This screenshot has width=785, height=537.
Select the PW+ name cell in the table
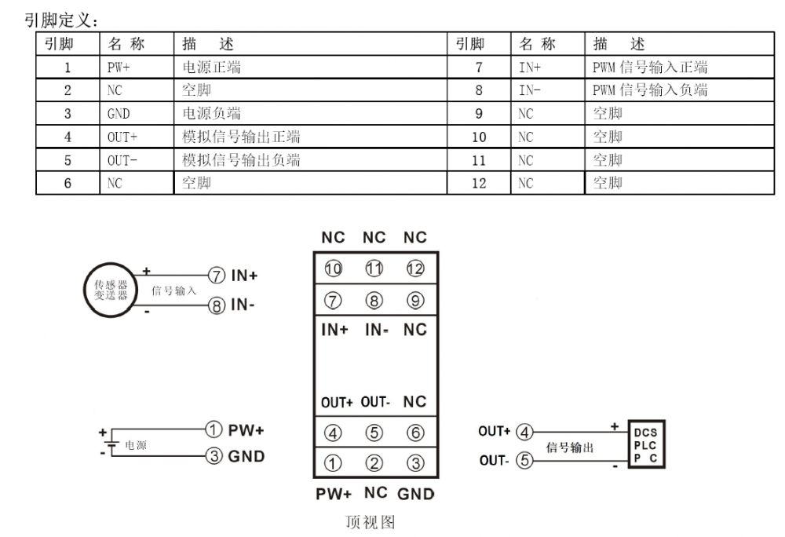pyautogui.click(x=119, y=68)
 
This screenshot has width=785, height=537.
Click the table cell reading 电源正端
pyautogui.click(x=211, y=68)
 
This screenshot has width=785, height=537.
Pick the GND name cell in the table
pyautogui.click(x=119, y=114)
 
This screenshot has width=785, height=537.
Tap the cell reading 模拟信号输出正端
pyautogui.click(x=241, y=137)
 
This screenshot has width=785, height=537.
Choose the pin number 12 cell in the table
pyautogui.click(x=478, y=184)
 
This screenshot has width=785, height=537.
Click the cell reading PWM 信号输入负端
pyautogui.click(x=650, y=90)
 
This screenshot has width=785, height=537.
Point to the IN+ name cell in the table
pyautogui.click(x=530, y=68)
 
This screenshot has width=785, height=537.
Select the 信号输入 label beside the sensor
pyautogui.click(x=174, y=290)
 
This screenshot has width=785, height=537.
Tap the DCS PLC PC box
pyautogui.click(x=644, y=445)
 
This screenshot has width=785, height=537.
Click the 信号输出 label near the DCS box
pyautogui.click(x=569, y=447)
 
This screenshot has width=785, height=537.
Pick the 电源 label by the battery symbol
pyautogui.click(x=136, y=445)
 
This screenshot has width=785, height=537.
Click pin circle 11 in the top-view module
pyautogui.click(x=374, y=269)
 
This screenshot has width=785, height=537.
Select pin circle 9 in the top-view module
pyautogui.click(x=414, y=300)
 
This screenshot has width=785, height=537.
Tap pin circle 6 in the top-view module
pyautogui.click(x=414, y=432)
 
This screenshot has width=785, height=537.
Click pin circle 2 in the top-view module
pyautogui.click(x=374, y=462)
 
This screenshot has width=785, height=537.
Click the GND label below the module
pyautogui.click(x=415, y=494)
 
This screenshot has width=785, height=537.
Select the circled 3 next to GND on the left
pyautogui.click(x=213, y=456)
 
